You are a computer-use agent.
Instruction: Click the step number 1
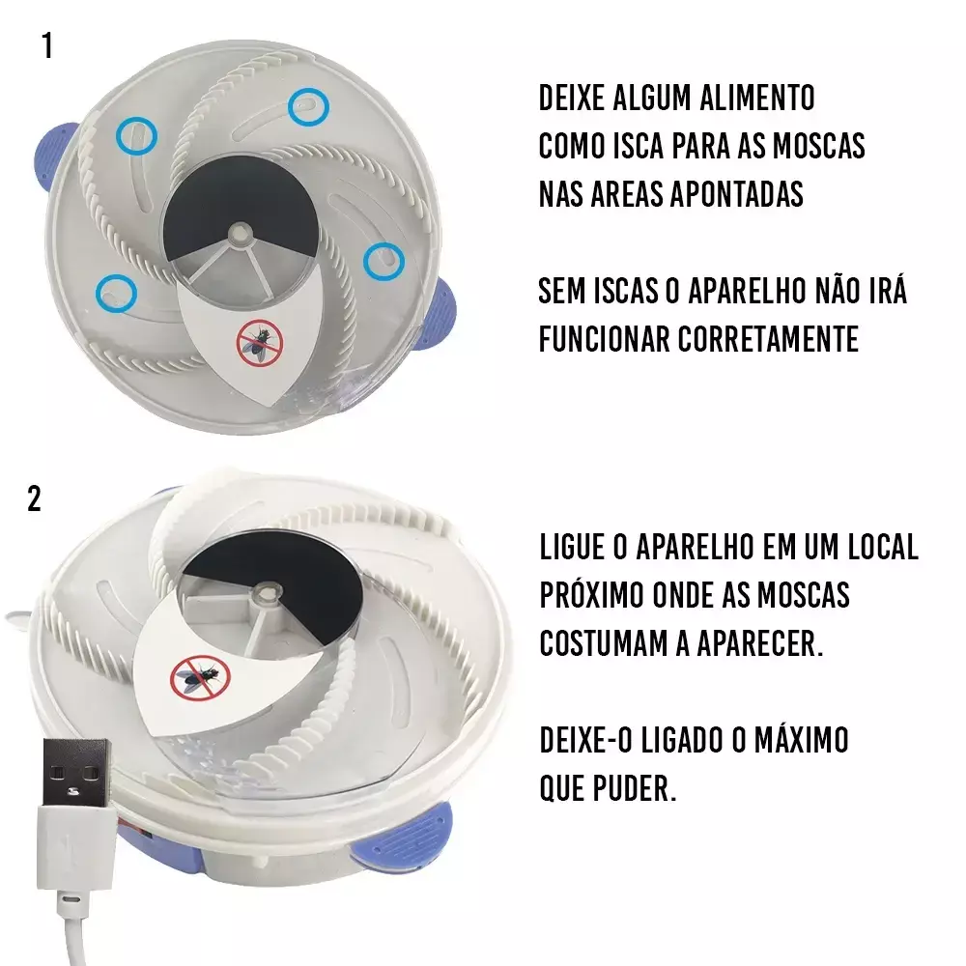pos(47,46)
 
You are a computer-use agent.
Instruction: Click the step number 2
pos(35,499)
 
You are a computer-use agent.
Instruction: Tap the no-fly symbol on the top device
pos(259,343)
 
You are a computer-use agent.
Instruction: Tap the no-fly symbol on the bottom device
pos(199,678)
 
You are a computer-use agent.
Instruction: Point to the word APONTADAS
pos(735,194)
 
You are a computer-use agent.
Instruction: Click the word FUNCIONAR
pos(604,339)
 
